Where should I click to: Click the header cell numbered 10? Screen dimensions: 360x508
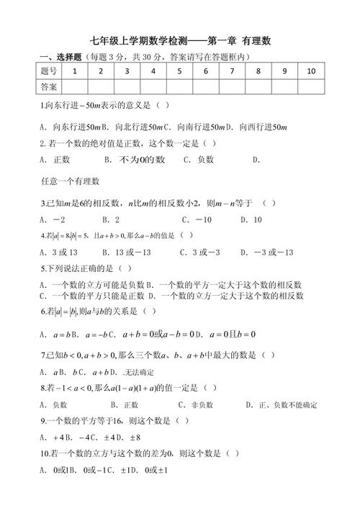pyautogui.click(x=310, y=71)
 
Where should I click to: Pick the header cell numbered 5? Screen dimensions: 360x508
pyautogui.click(x=179, y=71)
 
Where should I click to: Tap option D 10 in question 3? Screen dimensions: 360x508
pyautogui.click(x=252, y=219)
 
